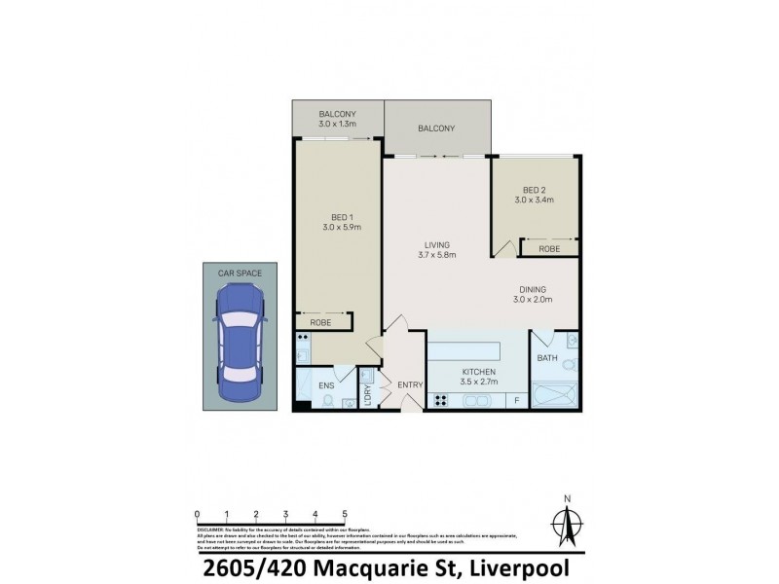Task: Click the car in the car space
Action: tap(239, 347)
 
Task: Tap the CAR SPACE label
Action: tap(239, 274)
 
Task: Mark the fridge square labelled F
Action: tap(515, 400)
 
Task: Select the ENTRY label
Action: tap(410, 385)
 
